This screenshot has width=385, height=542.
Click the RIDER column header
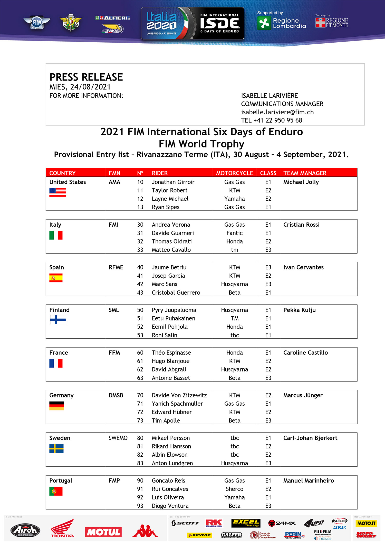tap(160, 173)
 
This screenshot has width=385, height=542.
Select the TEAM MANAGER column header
tap(305, 173)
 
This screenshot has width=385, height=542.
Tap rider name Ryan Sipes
tap(165, 207)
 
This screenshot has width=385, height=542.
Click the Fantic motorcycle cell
tap(234, 233)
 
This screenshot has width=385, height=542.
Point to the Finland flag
tap(58, 319)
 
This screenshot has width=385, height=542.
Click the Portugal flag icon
tap(56, 491)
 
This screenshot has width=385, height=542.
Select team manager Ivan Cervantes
tap(303, 267)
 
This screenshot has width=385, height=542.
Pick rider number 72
tap(140, 412)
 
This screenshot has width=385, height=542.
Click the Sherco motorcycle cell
tap(234, 489)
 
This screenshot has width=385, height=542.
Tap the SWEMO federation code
tap(118, 438)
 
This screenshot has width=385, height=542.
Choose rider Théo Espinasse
tap(171, 353)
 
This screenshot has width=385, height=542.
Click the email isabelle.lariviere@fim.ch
tap(277, 112)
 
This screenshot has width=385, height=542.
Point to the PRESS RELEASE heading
tap(86, 77)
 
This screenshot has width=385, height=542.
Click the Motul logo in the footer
tap(103, 532)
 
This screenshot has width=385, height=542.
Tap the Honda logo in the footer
tap(63, 529)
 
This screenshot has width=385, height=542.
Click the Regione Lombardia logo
tap(281, 23)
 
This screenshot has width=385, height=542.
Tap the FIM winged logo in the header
tap(37, 23)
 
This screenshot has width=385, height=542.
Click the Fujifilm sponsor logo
tap(323, 532)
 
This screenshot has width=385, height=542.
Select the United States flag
tap(58, 193)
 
